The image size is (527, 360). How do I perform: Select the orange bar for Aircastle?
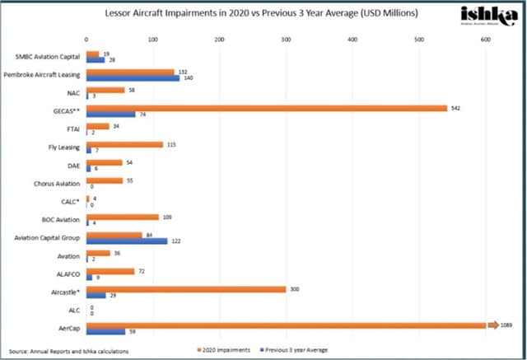tap(185, 289)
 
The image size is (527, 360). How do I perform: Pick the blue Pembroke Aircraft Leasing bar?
tap(133, 77)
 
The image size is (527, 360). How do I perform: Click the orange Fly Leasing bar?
tap(124, 144)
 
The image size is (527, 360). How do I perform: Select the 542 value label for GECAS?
tap(456, 107)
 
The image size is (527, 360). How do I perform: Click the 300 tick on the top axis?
tap(285, 40)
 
